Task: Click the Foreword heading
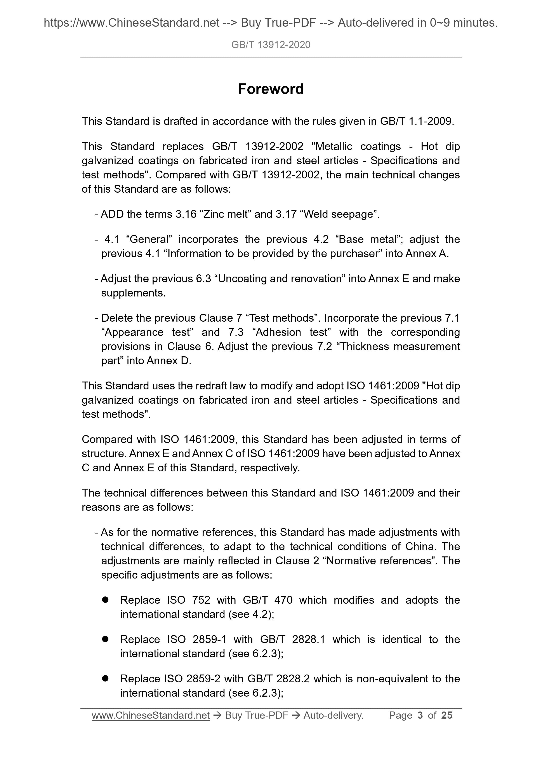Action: (271, 89)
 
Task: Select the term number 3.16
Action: (186, 214)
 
